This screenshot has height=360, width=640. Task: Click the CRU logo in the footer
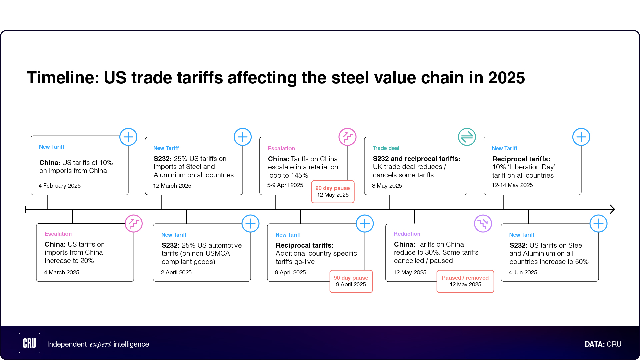[x=30, y=343]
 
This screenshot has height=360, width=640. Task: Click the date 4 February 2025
[x=60, y=186]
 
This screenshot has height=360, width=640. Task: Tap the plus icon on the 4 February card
[x=128, y=137]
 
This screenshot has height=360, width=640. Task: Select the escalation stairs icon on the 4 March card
[x=134, y=224]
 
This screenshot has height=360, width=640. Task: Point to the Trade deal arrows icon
[x=467, y=137]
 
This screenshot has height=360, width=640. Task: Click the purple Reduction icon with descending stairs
[x=483, y=224]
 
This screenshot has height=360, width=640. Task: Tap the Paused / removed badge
[x=465, y=281]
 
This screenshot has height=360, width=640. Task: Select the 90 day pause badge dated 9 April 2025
[x=351, y=281]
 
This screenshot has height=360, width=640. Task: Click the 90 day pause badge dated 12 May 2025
[x=333, y=192]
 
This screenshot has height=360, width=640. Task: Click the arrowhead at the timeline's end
[x=612, y=209]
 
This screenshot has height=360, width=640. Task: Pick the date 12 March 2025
[x=172, y=186]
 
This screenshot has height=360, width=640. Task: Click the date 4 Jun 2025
[x=523, y=272]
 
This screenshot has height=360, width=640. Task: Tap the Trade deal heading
[x=386, y=148]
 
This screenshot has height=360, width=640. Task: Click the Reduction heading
[x=407, y=234]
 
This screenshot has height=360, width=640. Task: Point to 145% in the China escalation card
[x=299, y=175]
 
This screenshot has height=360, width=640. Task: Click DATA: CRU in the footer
[x=603, y=344]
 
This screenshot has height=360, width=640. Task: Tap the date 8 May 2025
[x=387, y=186]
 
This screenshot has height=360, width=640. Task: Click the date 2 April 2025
[x=176, y=272]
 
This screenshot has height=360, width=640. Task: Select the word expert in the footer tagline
[x=100, y=344]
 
